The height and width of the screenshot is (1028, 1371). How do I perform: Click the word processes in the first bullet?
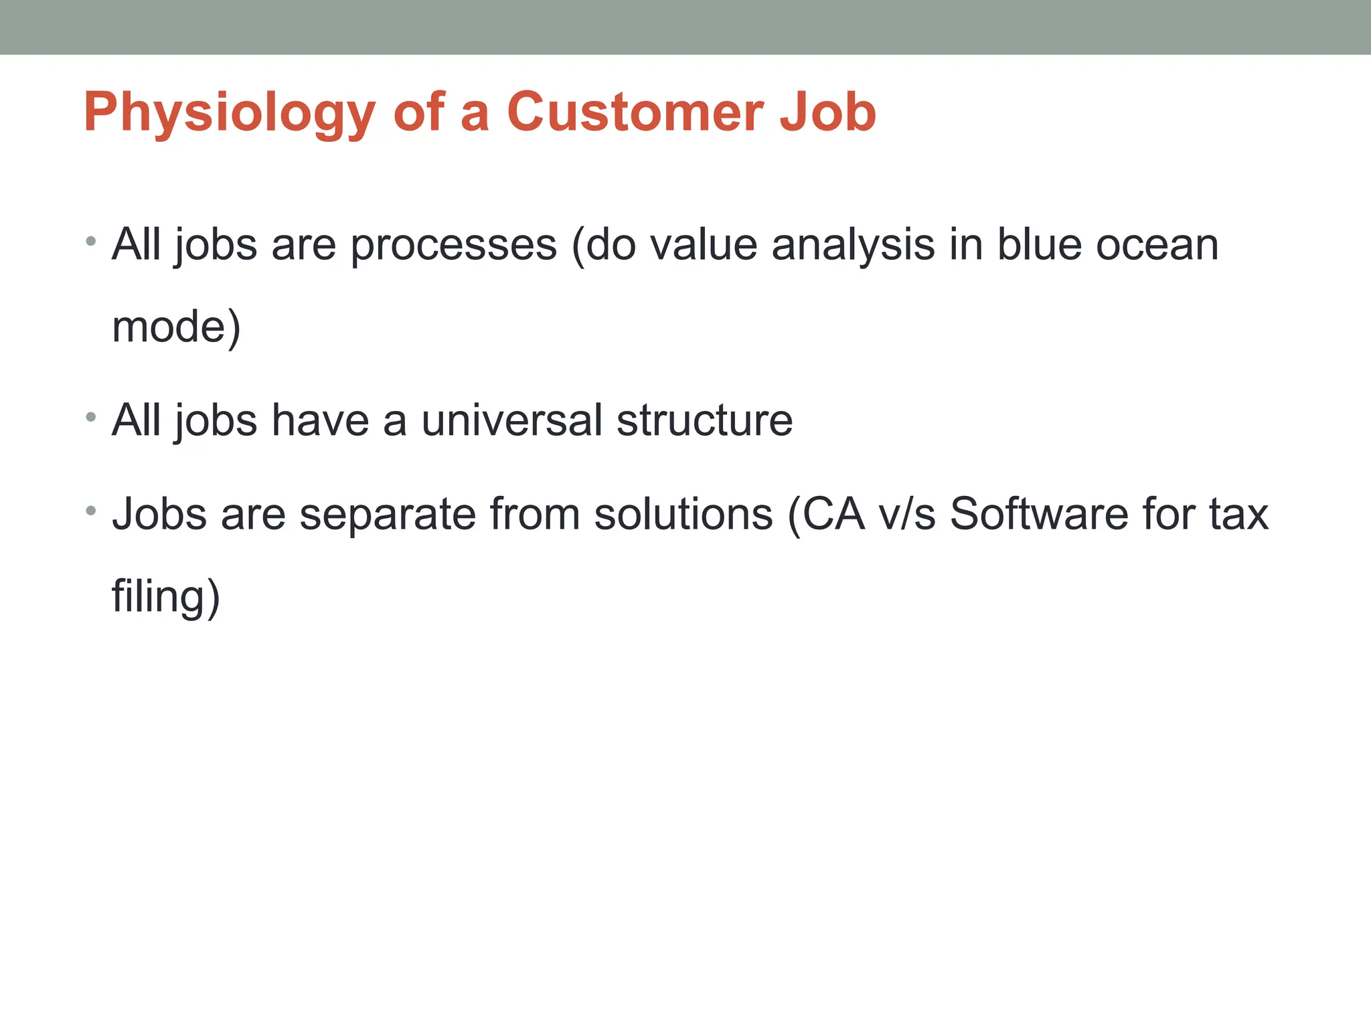click(453, 245)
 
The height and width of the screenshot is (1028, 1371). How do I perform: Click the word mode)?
click(176, 327)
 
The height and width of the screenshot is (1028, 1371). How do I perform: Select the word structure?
click(704, 421)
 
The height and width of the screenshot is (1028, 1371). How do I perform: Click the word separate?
click(388, 515)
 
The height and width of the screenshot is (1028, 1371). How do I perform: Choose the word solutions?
click(683, 515)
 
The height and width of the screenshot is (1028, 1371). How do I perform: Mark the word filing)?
click(165, 596)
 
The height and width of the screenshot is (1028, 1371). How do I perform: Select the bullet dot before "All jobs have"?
click(91, 418)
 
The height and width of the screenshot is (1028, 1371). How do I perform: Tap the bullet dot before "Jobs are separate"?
click(91, 511)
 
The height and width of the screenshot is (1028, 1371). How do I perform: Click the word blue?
click(1039, 245)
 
